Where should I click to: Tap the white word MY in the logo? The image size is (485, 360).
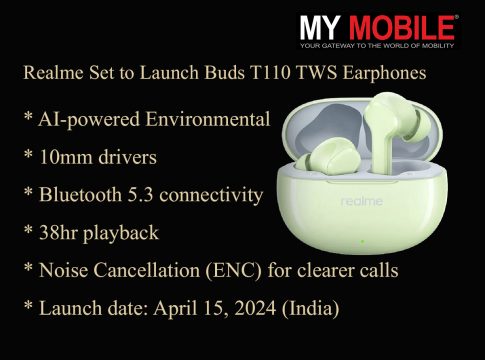tap(320, 28)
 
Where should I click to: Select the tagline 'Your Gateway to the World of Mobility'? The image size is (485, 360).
tap(377, 46)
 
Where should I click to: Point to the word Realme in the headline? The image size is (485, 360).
tap(53, 73)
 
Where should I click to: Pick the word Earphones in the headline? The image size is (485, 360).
tap(384, 73)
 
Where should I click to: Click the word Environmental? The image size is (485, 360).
tap(208, 119)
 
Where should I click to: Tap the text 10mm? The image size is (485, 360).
tap(66, 157)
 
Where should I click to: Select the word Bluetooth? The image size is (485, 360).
tap(80, 195)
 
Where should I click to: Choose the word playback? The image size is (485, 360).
tap(121, 233)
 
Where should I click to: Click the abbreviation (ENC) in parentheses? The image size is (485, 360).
tap(234, 270)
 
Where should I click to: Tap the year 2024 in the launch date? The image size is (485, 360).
tap(255, 308)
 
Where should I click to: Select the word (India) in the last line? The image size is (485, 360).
tap(311, 308)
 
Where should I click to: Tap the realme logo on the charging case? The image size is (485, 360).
tap(362, 201)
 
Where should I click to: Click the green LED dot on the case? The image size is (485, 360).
tap(362, 241)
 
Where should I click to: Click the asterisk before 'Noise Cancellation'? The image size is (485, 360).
tap(28, 267)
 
